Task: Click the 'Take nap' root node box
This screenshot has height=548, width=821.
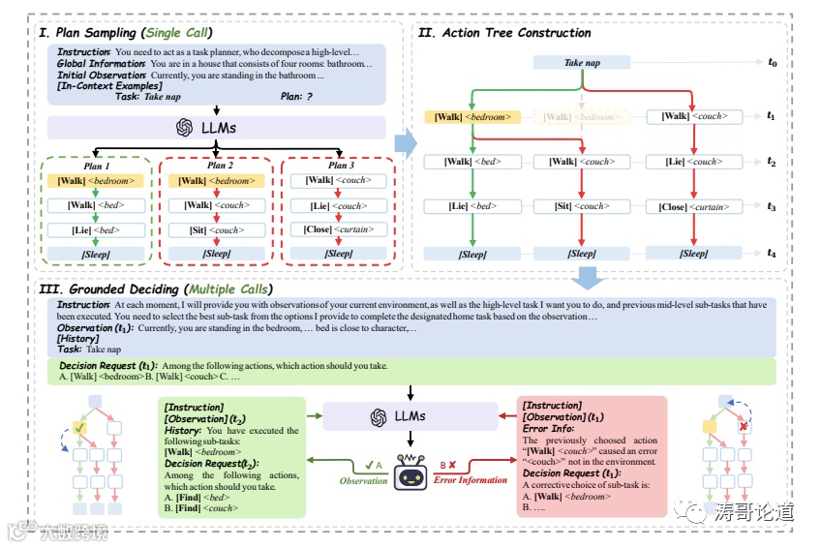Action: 582,63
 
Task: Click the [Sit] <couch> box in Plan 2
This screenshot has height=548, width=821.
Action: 216,229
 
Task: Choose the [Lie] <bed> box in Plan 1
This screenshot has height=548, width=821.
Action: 95,229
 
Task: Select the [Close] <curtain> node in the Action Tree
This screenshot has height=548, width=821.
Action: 693,206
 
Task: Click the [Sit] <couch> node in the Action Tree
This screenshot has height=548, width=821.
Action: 582,206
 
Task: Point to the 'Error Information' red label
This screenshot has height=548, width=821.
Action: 471,480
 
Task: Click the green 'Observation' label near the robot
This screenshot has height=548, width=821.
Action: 363,481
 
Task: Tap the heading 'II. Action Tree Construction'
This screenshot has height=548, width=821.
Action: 503,32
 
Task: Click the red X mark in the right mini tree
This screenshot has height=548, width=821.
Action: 743,427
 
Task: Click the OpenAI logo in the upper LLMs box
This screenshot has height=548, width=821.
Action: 184,128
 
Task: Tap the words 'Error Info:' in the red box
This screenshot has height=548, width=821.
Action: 548,428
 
